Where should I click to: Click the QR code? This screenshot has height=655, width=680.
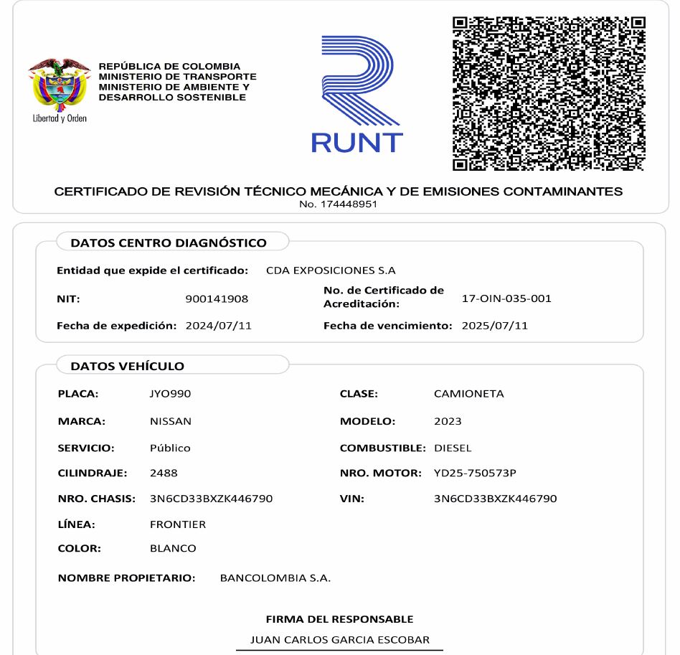pyautogui.click(x=549, y=94)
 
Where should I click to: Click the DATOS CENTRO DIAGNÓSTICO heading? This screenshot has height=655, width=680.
pyautogui.click(x=169, y=242)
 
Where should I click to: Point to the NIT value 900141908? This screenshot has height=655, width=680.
pyautogui.click(x=217, y=298)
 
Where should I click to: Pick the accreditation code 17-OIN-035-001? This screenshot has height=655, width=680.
pyautogui.click(x=506, y=298)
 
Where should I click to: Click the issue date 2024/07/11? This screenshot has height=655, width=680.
pyautogui.click(x=219, y=326)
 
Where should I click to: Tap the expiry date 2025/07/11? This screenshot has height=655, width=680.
pyautogui.click(x=495, y=326)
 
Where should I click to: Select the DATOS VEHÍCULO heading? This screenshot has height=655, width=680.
pyautogui.click(x=128, y=366)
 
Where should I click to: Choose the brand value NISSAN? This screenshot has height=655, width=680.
pyautogui.click(x=171, y=421)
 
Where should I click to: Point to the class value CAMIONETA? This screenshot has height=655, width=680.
pyautogui.click(x=469, y=394)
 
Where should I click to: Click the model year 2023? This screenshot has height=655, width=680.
pyautogui.click(x=448, y=421)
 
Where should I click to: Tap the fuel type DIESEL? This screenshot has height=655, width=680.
pyautogui.click(x=453, y=448)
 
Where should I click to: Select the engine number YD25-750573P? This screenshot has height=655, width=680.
pyautogui.click(x=475, y=473)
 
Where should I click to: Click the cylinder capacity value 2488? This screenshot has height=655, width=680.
pyautogui.click(x=164, y=473)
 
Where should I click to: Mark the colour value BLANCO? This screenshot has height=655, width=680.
pyautogui.click(x=173, y=548)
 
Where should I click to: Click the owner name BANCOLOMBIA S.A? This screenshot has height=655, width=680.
pyautogui.click(x=275, y=578)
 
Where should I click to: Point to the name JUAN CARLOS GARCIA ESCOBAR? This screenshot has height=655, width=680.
pyautogui.click(x=339, y=639)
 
